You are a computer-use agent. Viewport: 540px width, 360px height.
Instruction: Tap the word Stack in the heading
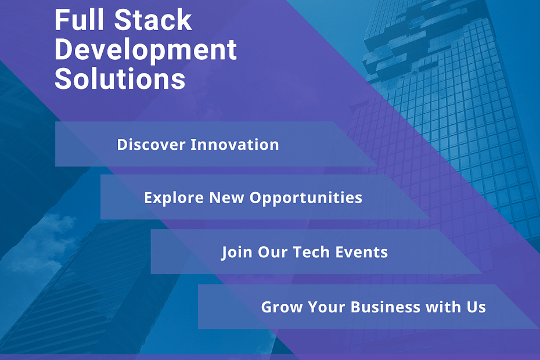click(x=153, y=20)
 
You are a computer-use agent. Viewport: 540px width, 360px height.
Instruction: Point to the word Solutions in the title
click(x=120, y=78)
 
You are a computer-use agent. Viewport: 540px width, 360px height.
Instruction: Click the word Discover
click(x=151, y=145)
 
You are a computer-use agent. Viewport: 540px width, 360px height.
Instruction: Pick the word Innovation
click(x=235, y=145)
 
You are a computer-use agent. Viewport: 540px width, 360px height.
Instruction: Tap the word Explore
click(x=174, y=198)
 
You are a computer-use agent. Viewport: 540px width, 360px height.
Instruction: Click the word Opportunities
click(x=306, y=198)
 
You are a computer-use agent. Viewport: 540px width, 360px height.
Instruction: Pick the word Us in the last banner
click(x=476, y=307)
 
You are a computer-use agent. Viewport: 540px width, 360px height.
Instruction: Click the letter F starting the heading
click(x=63, y=20)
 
